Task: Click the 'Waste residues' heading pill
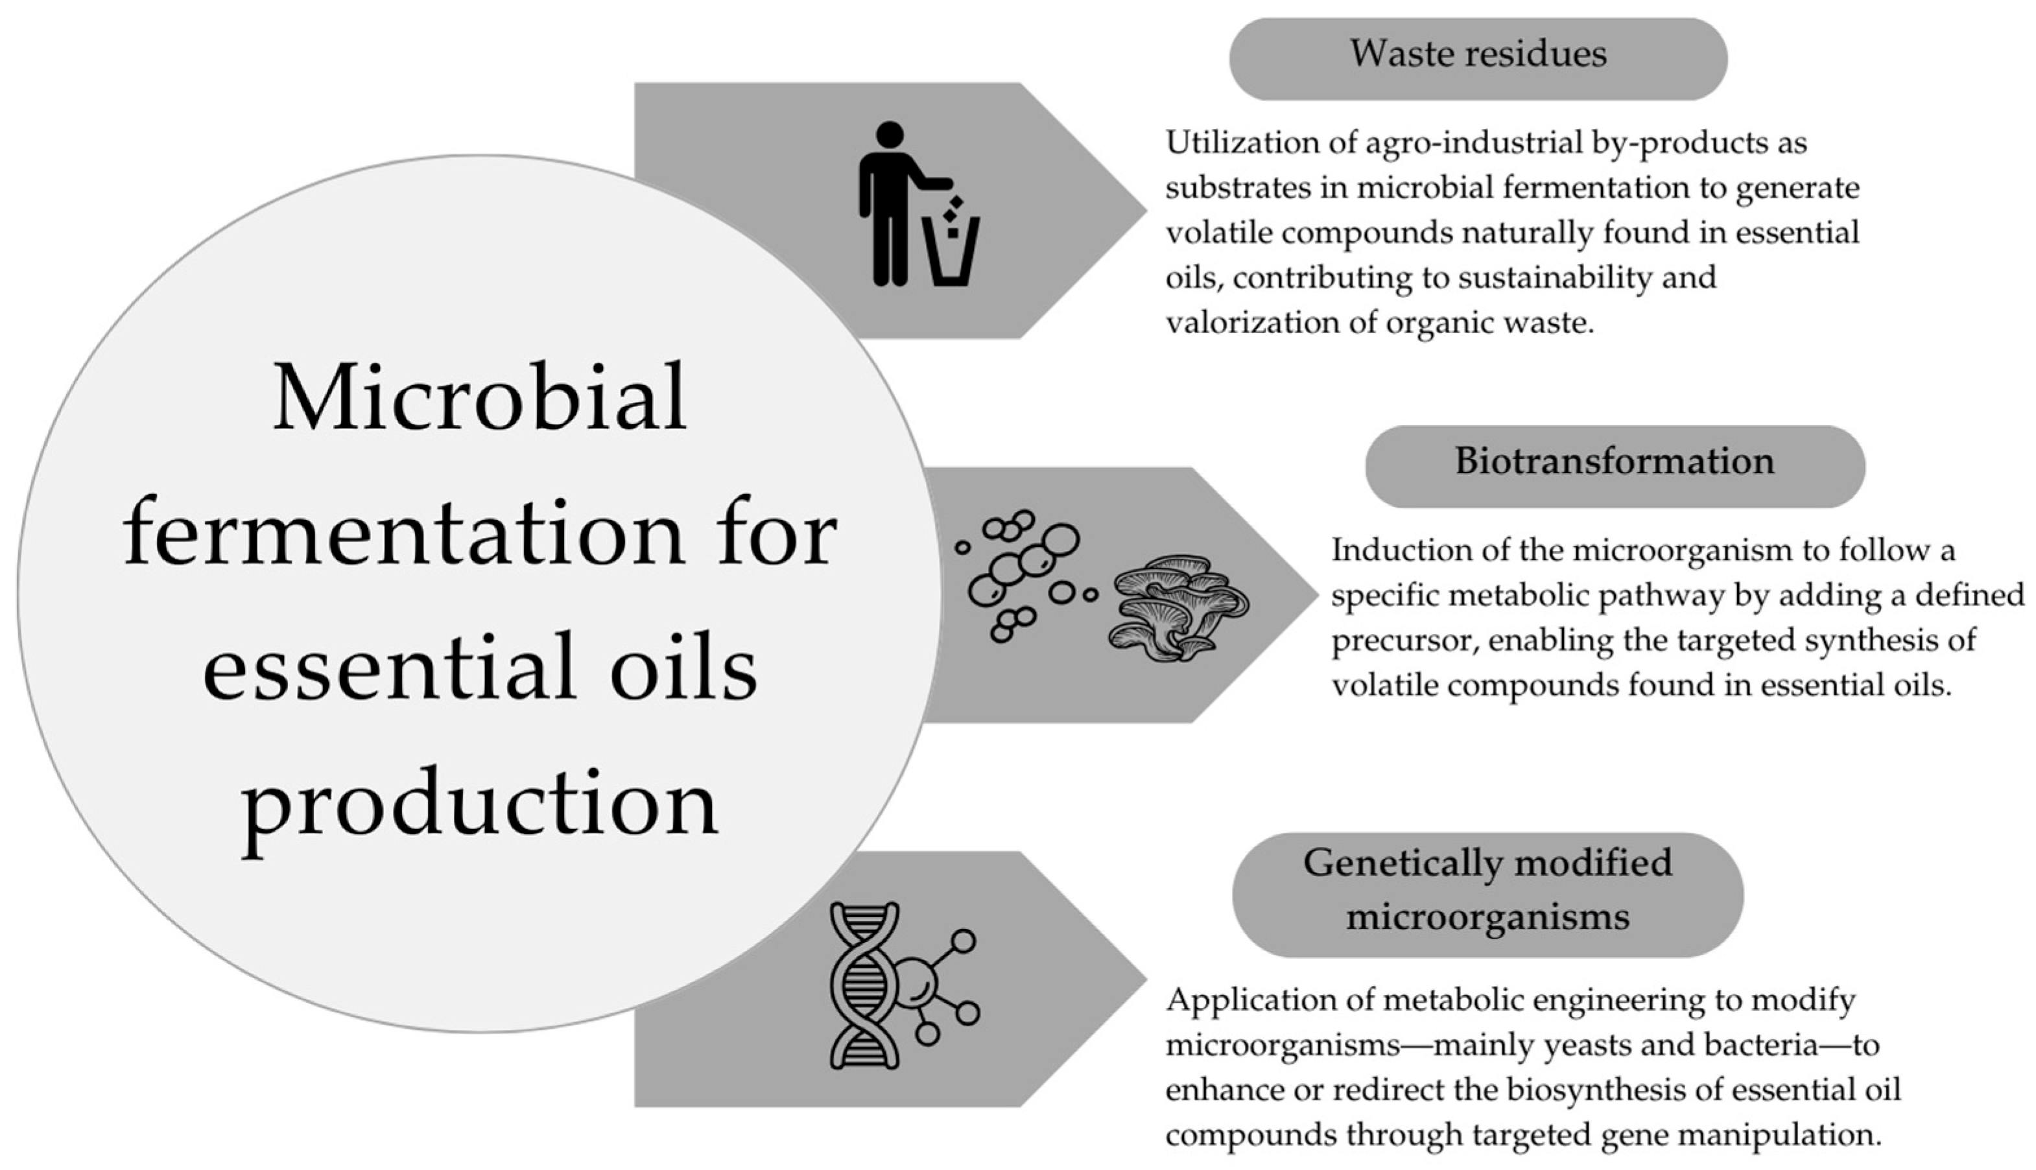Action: (1477, 58)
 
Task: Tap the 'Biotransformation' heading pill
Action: (1614, 465)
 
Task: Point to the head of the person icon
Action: (890, 135)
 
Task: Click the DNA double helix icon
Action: (864, 985)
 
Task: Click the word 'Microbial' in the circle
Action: (480, 398)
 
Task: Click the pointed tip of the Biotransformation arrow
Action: (1315, 594)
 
